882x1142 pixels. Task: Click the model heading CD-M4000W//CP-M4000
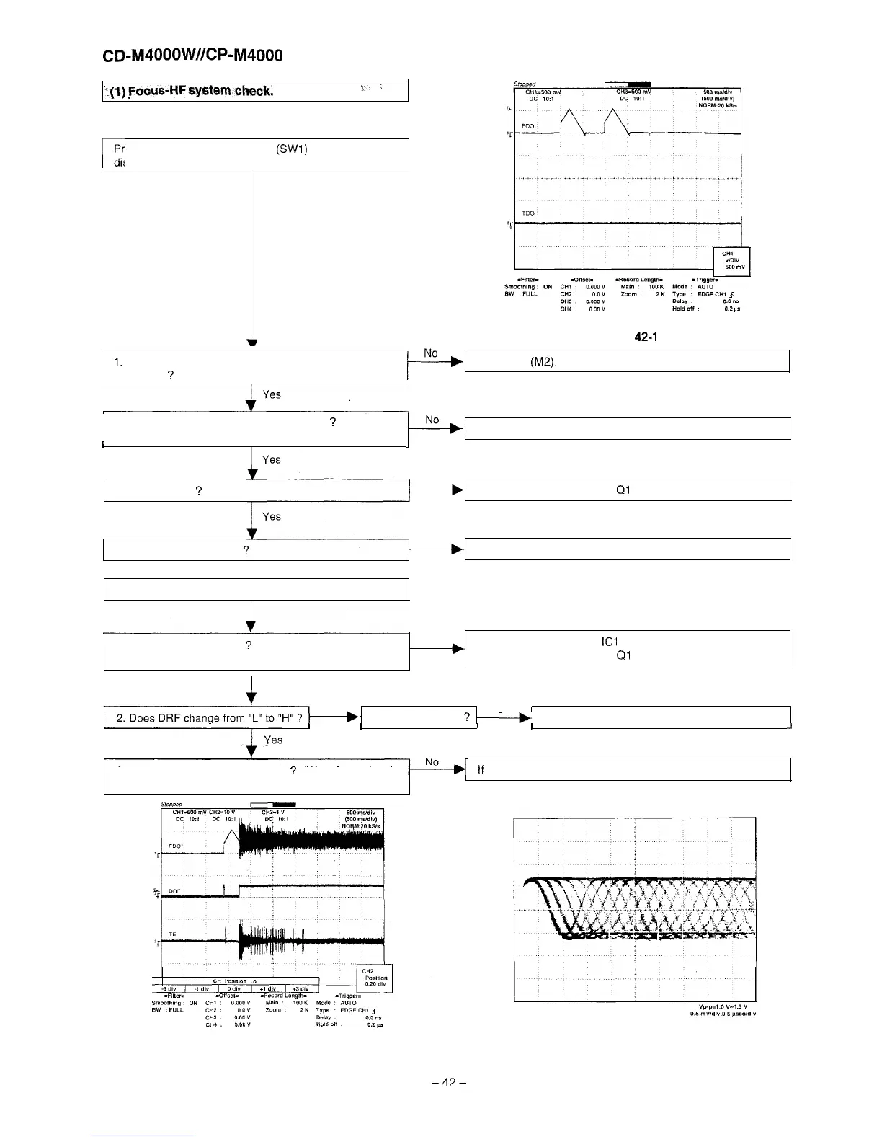[x=193, y=55]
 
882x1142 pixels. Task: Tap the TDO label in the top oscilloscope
[x=528, y=213]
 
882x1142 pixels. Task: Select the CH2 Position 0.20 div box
[x=375, y=977]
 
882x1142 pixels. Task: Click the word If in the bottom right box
[x=481, y=770]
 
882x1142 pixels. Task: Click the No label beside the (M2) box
[x=431, y=353]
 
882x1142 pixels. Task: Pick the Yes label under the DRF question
[x=273, y=740]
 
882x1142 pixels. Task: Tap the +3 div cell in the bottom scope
[x=298, y=988]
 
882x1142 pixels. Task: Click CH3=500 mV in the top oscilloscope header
[x=634, y=92]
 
